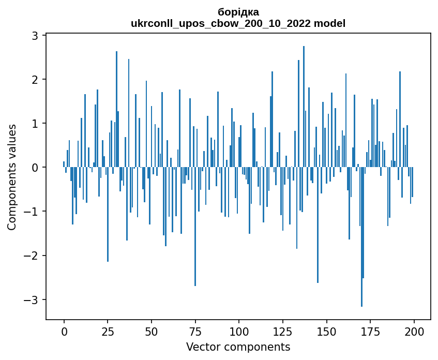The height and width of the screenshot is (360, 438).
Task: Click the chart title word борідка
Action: coord(238,12)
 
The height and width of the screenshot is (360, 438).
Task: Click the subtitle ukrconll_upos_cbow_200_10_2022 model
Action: coord(238,23)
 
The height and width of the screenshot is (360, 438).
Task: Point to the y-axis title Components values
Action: coord(12,177)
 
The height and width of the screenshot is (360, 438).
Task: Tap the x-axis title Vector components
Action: coord(238,347)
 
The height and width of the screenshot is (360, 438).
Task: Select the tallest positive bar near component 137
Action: coord(304,103)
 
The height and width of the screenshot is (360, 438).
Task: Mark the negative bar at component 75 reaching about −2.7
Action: coord(195,228)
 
